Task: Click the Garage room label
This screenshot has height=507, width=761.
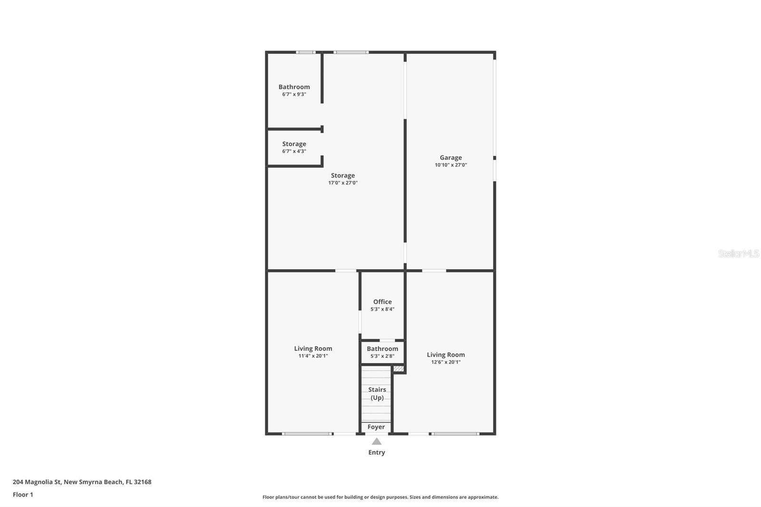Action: click(450, 157)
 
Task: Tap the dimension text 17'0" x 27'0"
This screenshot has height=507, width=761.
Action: click(342, 183)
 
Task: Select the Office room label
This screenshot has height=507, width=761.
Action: click(382, 302)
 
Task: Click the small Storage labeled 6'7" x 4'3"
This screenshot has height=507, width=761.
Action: click(294, 144)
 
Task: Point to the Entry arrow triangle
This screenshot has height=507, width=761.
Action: click(377, 441)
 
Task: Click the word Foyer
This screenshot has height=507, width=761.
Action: click(376, 427)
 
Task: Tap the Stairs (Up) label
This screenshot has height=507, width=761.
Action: click(377, 393)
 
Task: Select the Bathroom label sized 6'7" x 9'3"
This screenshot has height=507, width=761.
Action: click(294, 87)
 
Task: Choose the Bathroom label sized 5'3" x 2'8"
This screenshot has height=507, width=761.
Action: click(382, 349)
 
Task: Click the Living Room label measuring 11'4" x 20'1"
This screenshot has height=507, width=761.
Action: click(313, 349)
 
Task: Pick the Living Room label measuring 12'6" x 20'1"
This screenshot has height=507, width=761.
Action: click(446, 355)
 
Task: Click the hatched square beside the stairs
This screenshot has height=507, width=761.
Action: click(399, 369)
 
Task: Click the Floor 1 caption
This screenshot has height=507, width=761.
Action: click(23, 495)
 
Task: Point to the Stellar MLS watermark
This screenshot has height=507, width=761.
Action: click(738, 253)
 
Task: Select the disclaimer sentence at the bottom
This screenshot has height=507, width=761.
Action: click(380, 497)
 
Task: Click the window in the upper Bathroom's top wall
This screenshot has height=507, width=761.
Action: click(305, 52)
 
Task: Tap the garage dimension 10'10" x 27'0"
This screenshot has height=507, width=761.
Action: click(450, 165)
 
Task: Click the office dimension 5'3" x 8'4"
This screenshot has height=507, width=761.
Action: click(382, 309)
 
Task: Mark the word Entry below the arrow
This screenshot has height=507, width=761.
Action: click(376, 452)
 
